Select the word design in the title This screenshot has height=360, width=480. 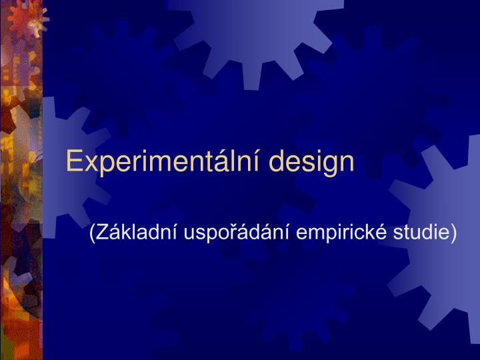(311, 161)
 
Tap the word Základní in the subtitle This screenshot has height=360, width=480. (137, 233)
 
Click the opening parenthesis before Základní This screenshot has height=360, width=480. (92, 233)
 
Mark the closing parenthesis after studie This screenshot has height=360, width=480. (454, 233)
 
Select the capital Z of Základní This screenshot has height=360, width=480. (102, 232)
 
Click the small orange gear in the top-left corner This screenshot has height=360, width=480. (27, 19)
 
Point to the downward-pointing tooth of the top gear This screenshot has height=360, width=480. (253, 77)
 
